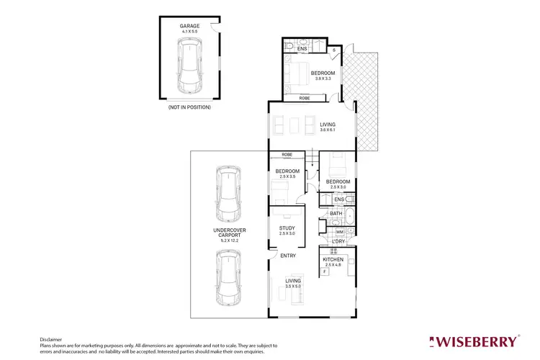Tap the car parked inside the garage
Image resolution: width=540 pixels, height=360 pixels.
pyautogui.click(x=190, y=66)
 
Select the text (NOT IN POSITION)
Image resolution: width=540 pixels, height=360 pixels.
pyautogui.click(x=190, y=107)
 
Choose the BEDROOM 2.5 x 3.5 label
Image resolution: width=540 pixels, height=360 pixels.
pyautogui.click(x=287, y=174)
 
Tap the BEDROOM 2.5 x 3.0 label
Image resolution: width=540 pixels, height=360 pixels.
pyautogui.click(x=338, y=184)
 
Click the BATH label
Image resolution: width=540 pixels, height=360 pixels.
pyautogui.click(x=336, y=214)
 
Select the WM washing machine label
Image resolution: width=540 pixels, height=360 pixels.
pyautogui.click(x=340, y=231)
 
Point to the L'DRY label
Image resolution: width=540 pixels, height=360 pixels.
pyautogui.click(x=338, y=241)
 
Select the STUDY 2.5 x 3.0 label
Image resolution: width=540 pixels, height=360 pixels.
pyautogui.click(x=287, y=231)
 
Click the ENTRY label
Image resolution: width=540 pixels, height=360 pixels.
pyautogui.click(x=288, y=256)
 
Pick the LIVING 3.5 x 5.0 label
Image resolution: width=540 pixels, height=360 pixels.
pyautogui.click(x=293, y=284)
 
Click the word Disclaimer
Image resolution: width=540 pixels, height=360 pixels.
pyautogui.click(x=51, y=338)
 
